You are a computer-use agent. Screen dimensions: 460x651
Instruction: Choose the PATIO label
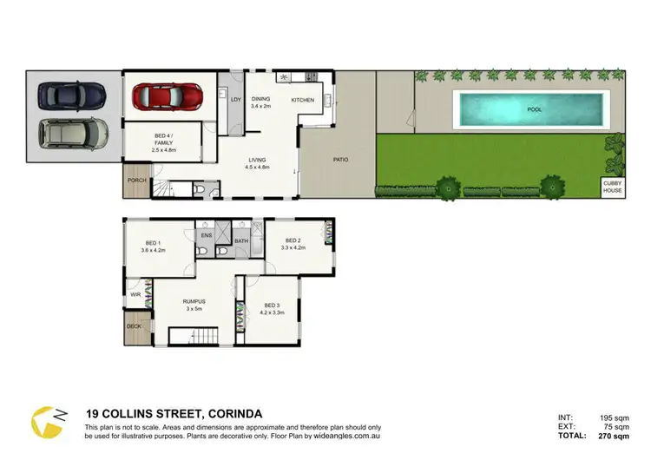(341, 160)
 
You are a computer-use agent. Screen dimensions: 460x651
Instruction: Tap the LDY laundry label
(235, 99)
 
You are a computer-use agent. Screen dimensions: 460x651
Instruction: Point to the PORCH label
(136, 181)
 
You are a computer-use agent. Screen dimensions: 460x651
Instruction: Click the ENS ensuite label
(207, 235)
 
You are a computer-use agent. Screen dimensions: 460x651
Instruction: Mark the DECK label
(134, 326)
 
